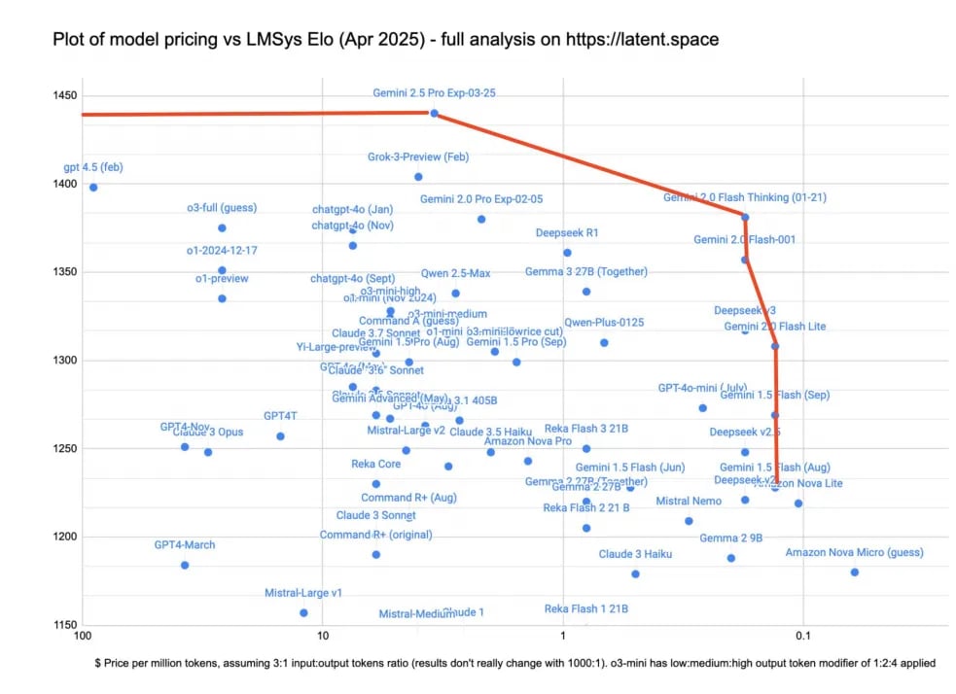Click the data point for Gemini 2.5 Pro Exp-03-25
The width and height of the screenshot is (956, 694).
tap(434, 113)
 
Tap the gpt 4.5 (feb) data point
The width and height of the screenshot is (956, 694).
tap(93, 187)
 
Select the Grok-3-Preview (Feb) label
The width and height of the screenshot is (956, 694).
tap(418, 156)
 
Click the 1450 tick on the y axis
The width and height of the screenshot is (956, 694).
tap(67, 96)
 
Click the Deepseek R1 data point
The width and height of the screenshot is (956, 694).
tap(567, 253)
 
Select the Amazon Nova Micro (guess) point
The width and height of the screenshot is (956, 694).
tap(854, 572)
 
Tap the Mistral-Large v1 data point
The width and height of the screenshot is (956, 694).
tap(303, 612)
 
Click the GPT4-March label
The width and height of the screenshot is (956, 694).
tap(185, 545)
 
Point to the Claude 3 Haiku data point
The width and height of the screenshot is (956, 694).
tap(635, 573)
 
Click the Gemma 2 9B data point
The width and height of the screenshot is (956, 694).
tap(730, 558)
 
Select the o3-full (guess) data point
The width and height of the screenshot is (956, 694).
tap(222, 227)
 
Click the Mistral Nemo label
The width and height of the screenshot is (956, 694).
tap(689, 502)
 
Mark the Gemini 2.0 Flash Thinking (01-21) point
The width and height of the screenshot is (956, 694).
tap(745, 217)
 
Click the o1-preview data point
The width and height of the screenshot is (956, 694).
tap(222, 298)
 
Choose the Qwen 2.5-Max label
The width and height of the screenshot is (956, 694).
tap(455, 273)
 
